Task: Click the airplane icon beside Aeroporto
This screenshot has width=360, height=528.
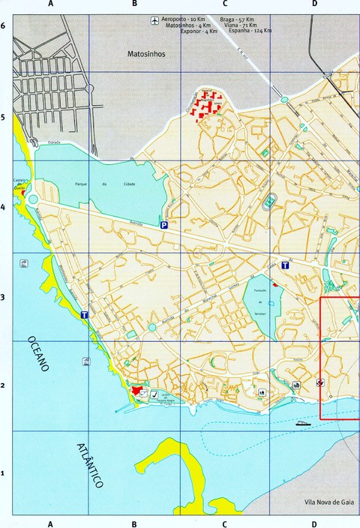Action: (154, 19)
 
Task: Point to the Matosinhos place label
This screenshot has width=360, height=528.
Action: (145, 54)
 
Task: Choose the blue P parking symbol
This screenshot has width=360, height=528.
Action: (163, 224)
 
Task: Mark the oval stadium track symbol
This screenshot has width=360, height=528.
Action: (269, 202)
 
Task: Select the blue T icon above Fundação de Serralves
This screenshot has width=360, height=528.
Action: (285, 264)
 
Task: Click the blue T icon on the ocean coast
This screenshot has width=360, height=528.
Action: (84, 316)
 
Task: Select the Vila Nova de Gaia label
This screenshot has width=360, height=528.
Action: (318, 502)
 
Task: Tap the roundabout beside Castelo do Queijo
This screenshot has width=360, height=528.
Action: (32, 198)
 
